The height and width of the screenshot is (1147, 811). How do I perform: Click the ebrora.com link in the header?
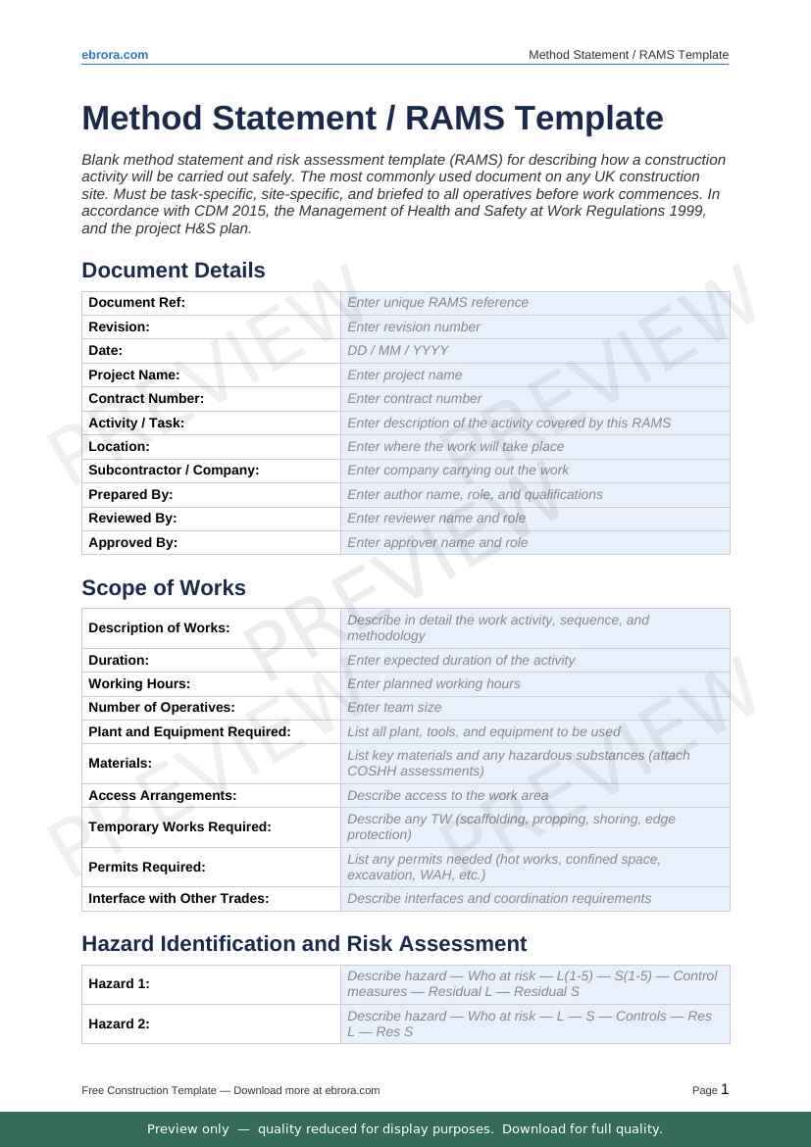pos(115,55)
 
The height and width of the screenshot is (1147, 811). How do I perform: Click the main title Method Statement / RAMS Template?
pos(373,118)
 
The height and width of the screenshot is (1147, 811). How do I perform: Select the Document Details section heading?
pos(174,271)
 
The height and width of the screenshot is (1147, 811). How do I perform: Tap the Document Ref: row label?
pos(136,303)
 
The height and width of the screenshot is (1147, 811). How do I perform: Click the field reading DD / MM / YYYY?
pos(398,350)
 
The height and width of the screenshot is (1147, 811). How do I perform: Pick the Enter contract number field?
pos(415,398)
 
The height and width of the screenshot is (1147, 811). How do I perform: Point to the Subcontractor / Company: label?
pos(174,471)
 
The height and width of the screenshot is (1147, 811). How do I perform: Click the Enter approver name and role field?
pos(437,542)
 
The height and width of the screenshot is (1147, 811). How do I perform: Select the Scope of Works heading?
pos(164,588)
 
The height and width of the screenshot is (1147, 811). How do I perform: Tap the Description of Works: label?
pos(159,628)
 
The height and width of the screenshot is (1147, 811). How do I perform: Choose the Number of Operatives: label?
pos(162,708)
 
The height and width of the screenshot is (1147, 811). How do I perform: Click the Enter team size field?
pos(394,708)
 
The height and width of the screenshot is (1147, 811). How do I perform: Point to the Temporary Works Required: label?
pos(179,827)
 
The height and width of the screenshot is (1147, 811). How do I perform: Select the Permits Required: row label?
pos(147,868)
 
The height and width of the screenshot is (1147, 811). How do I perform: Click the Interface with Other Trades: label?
pos(178,899)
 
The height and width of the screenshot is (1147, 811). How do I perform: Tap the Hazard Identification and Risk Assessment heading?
pos(304,944)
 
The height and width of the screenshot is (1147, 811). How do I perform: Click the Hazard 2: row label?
pos(119,1024)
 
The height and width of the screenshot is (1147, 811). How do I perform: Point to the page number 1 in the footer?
pos(725,1089)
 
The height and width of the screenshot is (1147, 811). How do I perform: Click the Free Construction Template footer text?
pos(230,1090)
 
